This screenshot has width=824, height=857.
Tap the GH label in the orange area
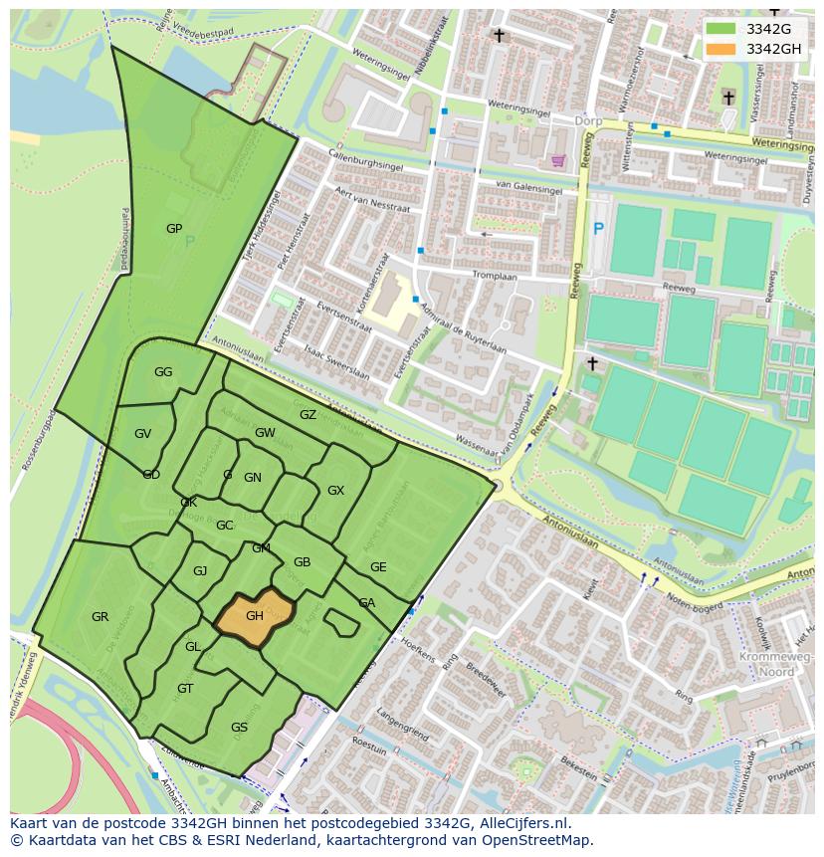[x=255, y=616]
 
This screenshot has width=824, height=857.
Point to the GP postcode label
[x=174, y=229]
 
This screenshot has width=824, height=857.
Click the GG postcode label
[x=163, y=372]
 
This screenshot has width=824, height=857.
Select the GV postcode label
[x=142, y=434]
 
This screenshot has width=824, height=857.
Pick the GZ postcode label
[x=308, y=415]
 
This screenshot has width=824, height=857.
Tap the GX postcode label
[x=335, y=491]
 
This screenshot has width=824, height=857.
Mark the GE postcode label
[x=378, y=567]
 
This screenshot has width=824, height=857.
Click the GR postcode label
[x=100, y=617]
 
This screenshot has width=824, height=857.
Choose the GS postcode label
[x=239, y=728]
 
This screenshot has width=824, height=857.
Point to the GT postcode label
[x=185, y=689]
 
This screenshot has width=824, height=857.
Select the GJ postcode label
[x=200, y=571]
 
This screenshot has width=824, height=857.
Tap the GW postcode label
[x=265, y=433]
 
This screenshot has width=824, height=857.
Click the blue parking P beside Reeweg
[x=598, y=229]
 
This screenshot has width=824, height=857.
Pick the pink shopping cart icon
[x=558, y=160]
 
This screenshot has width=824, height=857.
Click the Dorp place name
[x=589, y=120]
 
